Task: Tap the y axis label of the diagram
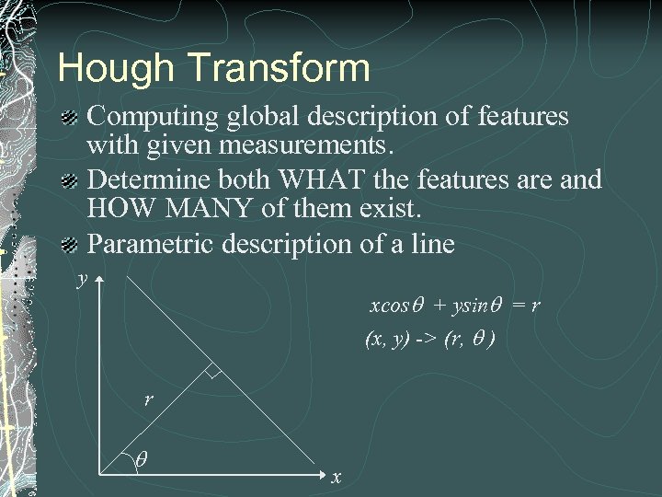pyautogui.click(x=82, y=278)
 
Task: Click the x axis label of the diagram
pyautogui.click(x=337, y=477)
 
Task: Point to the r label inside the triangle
pyautogui.click(x=147, y=399)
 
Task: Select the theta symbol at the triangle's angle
pyautogui.click(x=140, y=457)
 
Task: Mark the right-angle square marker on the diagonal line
pyautogui.click(x=212, y=373)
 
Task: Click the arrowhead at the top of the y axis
pyautogui.click(x=98, y=275)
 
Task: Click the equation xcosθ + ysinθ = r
pyautogui.click(x=453, y=305)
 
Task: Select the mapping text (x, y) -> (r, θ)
pyautogui.click(x=429, y=339)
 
